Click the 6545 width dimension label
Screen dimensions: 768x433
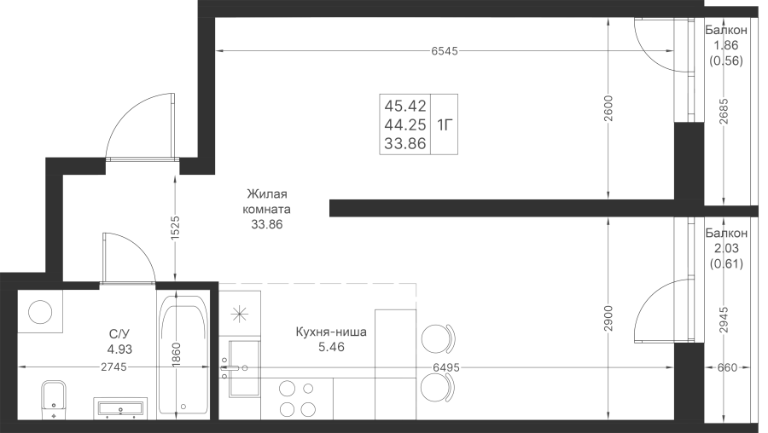[445, 51]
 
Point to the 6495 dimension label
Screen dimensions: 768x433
[445, 367]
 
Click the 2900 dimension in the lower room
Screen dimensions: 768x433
[608, 319]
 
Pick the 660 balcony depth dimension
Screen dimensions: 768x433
[727, 367]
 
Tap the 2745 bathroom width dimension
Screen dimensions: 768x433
[113, 367]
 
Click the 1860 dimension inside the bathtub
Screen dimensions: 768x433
[177, 355]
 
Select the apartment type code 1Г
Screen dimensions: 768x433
[445, 124]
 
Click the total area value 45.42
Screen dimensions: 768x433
[405, 106]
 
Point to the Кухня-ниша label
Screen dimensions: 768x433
[331, 332]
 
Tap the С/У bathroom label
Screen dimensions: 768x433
[119, 334]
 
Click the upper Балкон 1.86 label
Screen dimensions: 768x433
[726, 38]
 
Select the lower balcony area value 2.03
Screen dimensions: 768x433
[726, 249]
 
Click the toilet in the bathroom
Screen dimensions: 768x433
[54, 399]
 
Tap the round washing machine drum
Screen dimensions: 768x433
[40, 311]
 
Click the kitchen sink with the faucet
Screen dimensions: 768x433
[244, 368]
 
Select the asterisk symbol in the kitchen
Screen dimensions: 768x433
[240, 314]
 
